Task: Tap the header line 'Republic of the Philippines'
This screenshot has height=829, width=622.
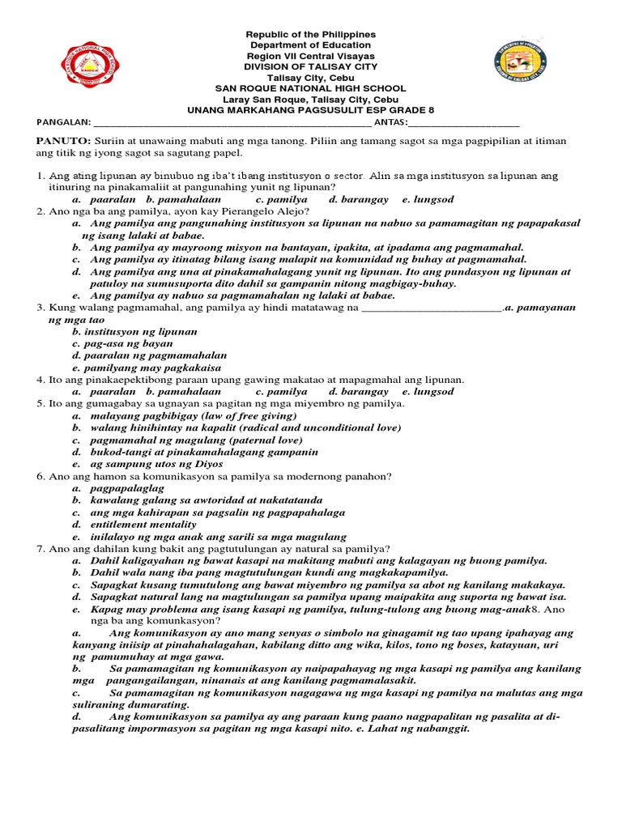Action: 310,35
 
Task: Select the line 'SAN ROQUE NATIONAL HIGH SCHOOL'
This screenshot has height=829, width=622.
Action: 310,88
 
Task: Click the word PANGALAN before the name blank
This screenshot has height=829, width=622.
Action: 63,122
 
